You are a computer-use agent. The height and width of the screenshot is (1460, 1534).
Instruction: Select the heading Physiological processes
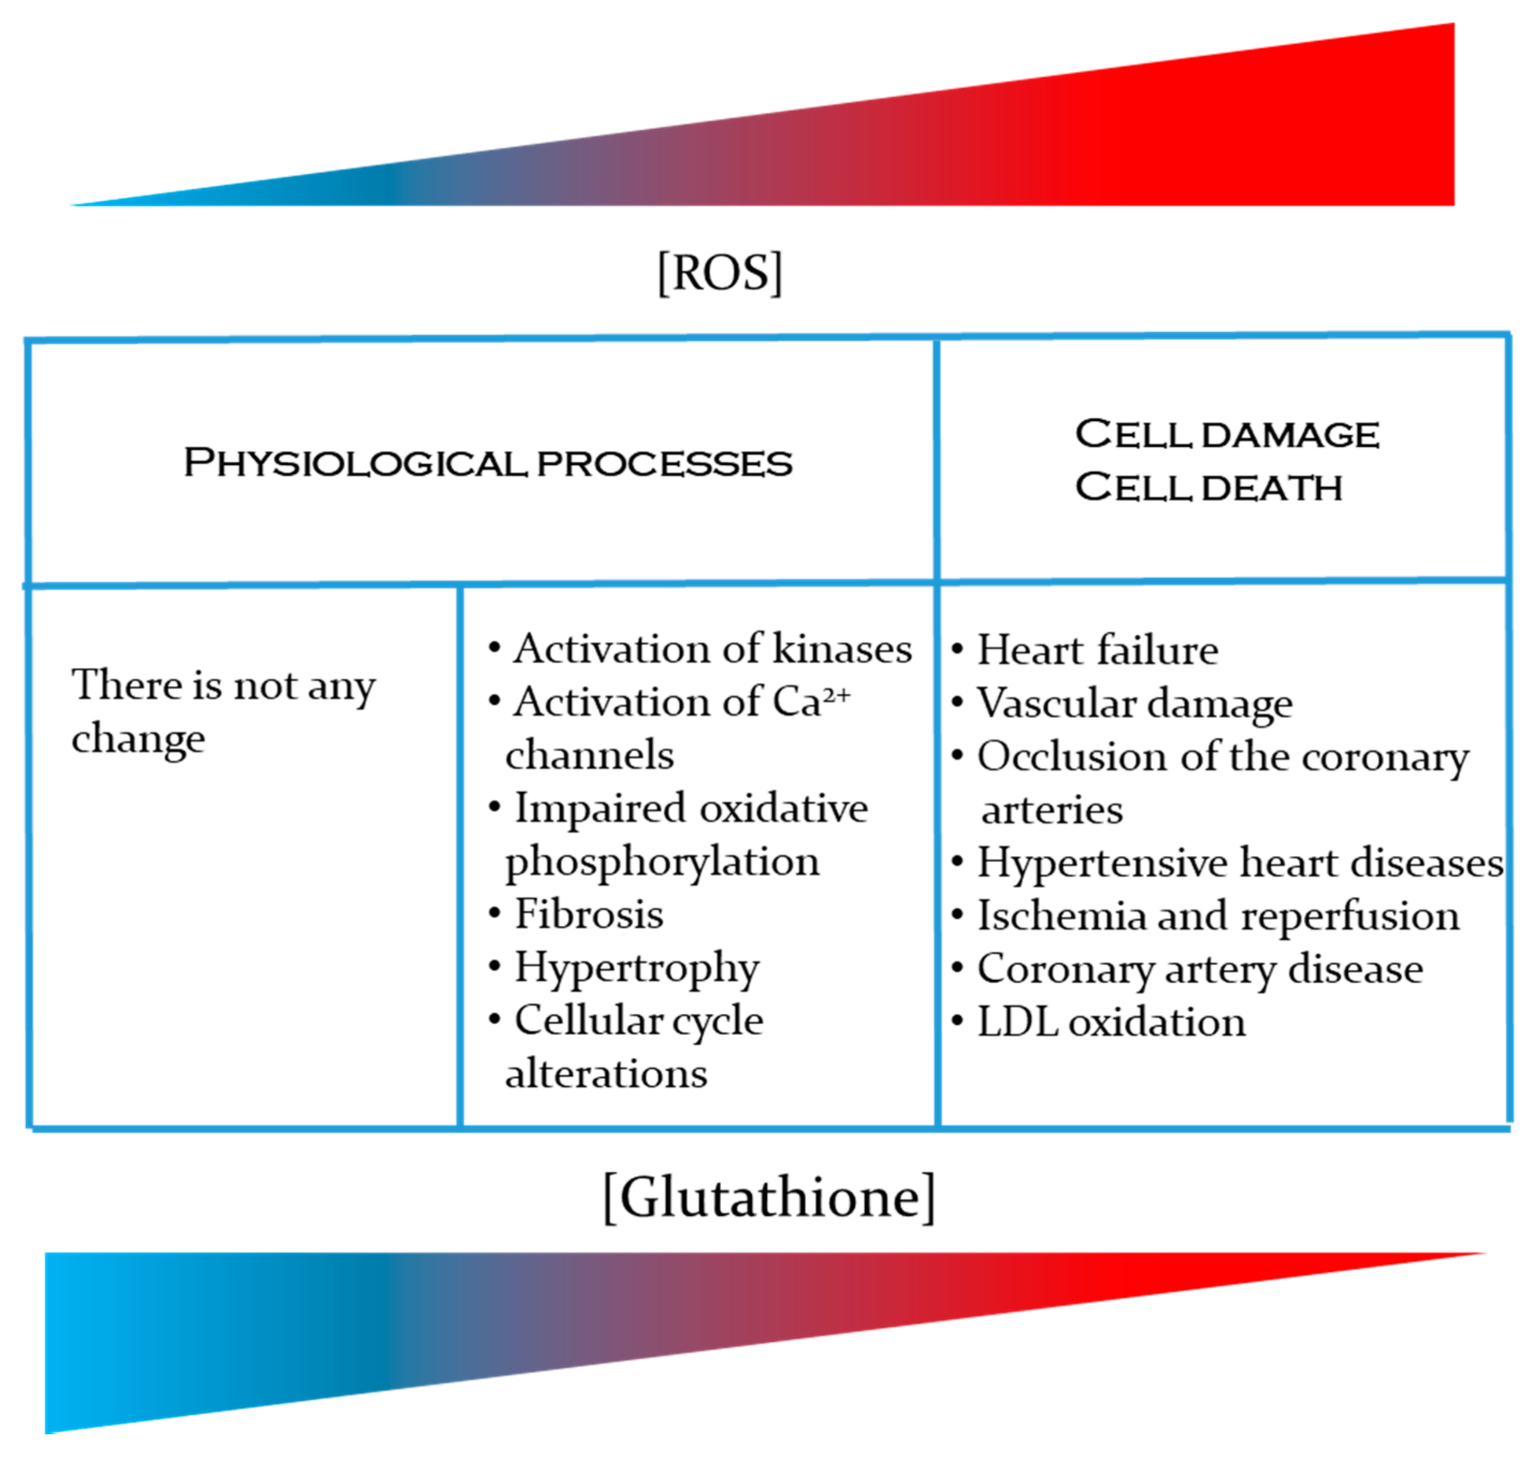(x=488, y=463)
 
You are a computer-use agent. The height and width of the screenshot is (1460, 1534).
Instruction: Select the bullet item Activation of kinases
(x=711, y=649)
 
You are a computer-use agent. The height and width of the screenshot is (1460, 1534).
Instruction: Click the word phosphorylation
(x=662, y=862)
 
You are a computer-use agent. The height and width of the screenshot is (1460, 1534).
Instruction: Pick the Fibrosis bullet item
(x=589, y=915)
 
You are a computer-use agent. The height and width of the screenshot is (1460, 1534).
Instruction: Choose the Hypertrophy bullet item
(x=636, y=968)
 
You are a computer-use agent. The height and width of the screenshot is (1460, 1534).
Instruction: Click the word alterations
(x=606, y=1074)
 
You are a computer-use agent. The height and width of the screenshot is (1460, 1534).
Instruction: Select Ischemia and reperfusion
(x=1217, y=916)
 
